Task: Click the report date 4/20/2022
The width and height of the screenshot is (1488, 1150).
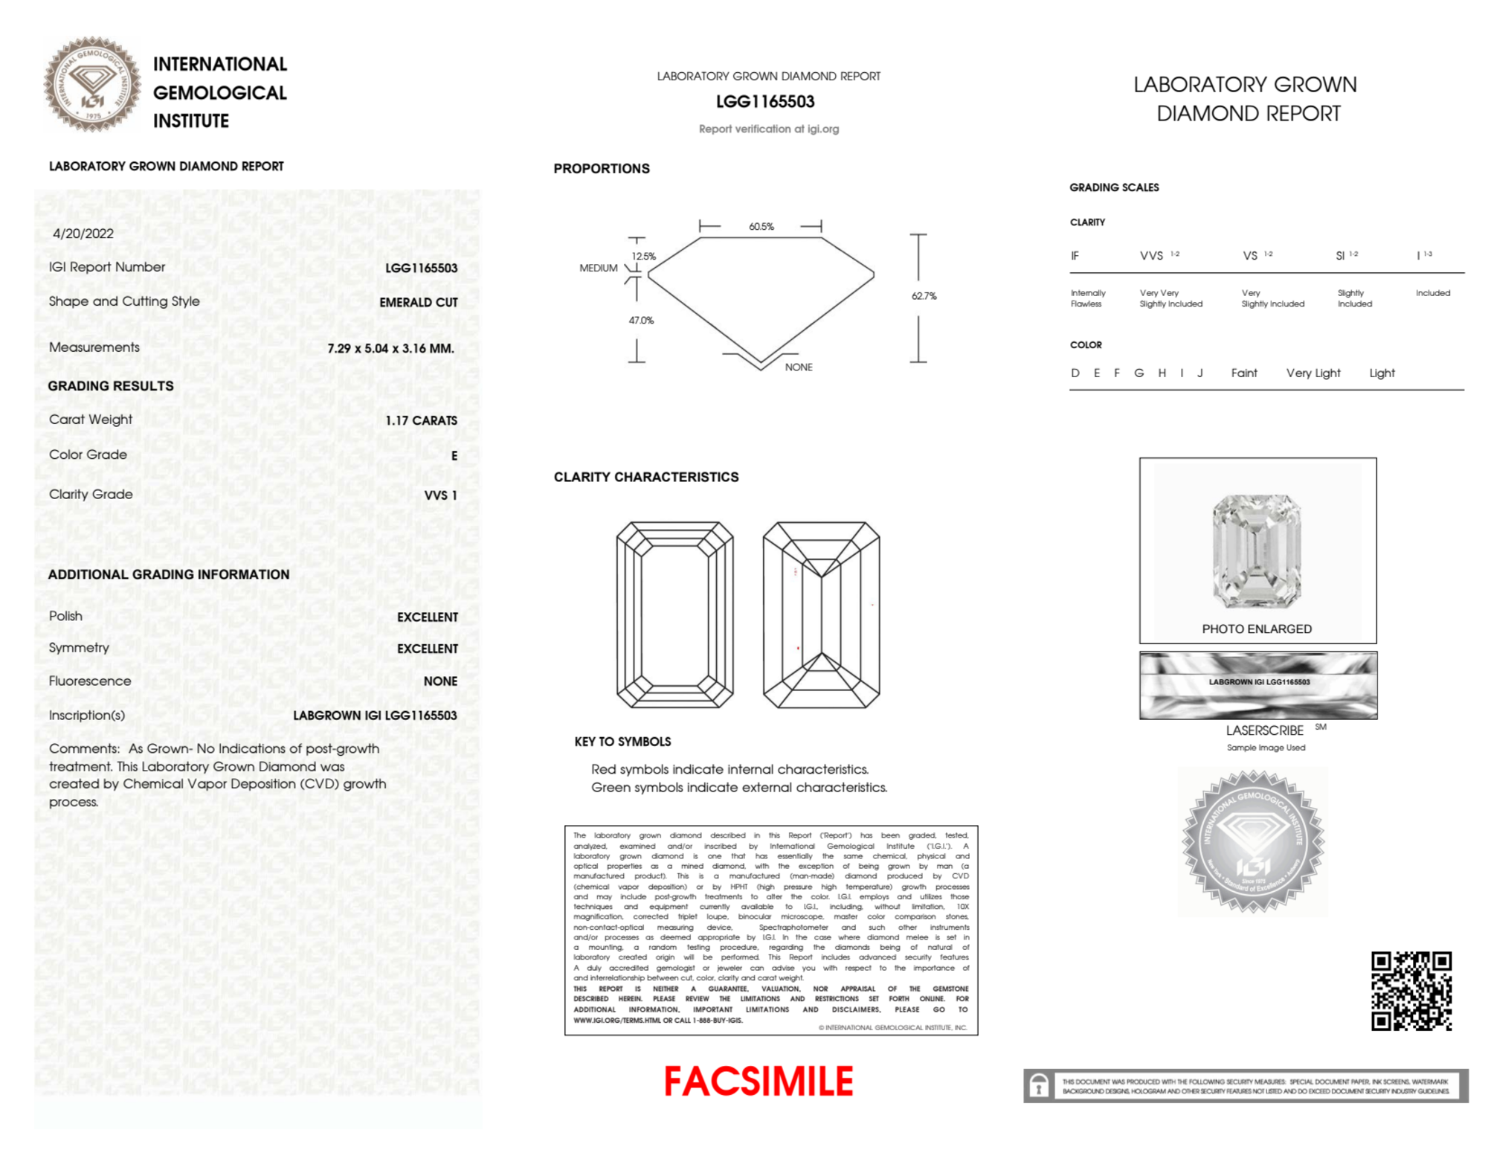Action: (83, 234)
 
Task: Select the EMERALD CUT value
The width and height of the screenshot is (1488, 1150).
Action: (418, 302)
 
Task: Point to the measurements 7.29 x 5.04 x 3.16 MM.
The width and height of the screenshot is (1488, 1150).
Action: (390, 348)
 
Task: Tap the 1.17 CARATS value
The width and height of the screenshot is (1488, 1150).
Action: (421, 420)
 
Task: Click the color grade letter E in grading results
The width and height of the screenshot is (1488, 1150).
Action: (454, 455)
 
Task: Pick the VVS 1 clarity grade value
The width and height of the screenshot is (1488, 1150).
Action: (440, 495)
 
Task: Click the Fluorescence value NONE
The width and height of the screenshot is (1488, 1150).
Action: (440, 681)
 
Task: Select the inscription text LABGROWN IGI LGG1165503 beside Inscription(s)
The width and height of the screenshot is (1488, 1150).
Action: (375, 716)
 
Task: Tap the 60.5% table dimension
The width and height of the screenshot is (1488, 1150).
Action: (761, 226)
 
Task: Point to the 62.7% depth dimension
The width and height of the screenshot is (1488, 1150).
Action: (924, 296)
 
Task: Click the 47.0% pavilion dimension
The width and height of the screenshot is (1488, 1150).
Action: (641, 321)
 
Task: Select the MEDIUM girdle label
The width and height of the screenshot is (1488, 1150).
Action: (598, 268)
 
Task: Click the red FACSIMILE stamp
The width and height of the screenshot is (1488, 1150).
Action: (759, 1082)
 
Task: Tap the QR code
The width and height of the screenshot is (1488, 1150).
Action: (1411, 991)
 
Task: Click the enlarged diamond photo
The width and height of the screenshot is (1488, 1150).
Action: (1257, 550)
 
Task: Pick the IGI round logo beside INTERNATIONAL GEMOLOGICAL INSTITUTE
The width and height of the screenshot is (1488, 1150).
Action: (92, 84)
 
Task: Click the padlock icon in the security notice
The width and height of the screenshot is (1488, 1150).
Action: (1039, 1086)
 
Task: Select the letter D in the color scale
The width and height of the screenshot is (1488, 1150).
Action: (1075, 373)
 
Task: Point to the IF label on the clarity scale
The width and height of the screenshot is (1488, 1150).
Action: (1075, 256)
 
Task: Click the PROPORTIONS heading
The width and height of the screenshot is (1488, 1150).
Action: (601, 169)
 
